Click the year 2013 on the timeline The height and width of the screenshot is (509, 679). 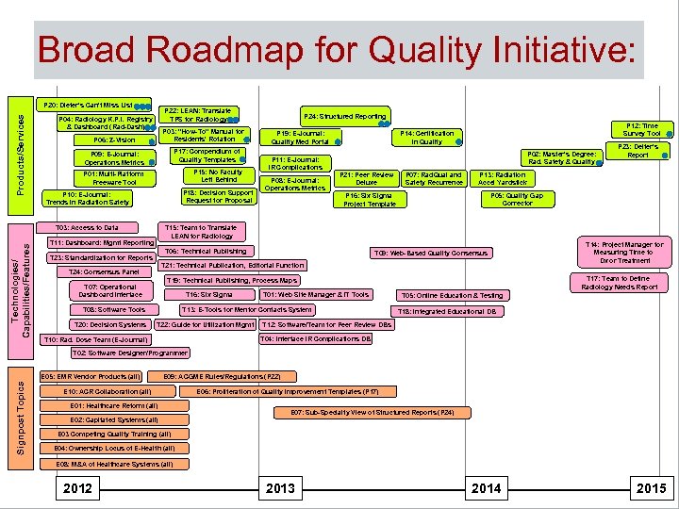tap(280, 488)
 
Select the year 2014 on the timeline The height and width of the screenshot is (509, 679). tap(486, 488)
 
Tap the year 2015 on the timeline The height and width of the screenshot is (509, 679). tap(651, 488)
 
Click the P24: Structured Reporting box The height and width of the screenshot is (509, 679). tap(344, 117)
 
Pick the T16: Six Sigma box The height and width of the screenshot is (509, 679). tap(209, 295)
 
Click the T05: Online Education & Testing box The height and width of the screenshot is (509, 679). tap(452, 296)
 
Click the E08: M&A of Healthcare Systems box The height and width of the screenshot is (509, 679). tap(113, 465)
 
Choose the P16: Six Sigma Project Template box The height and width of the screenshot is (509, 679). tap(370, 200)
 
